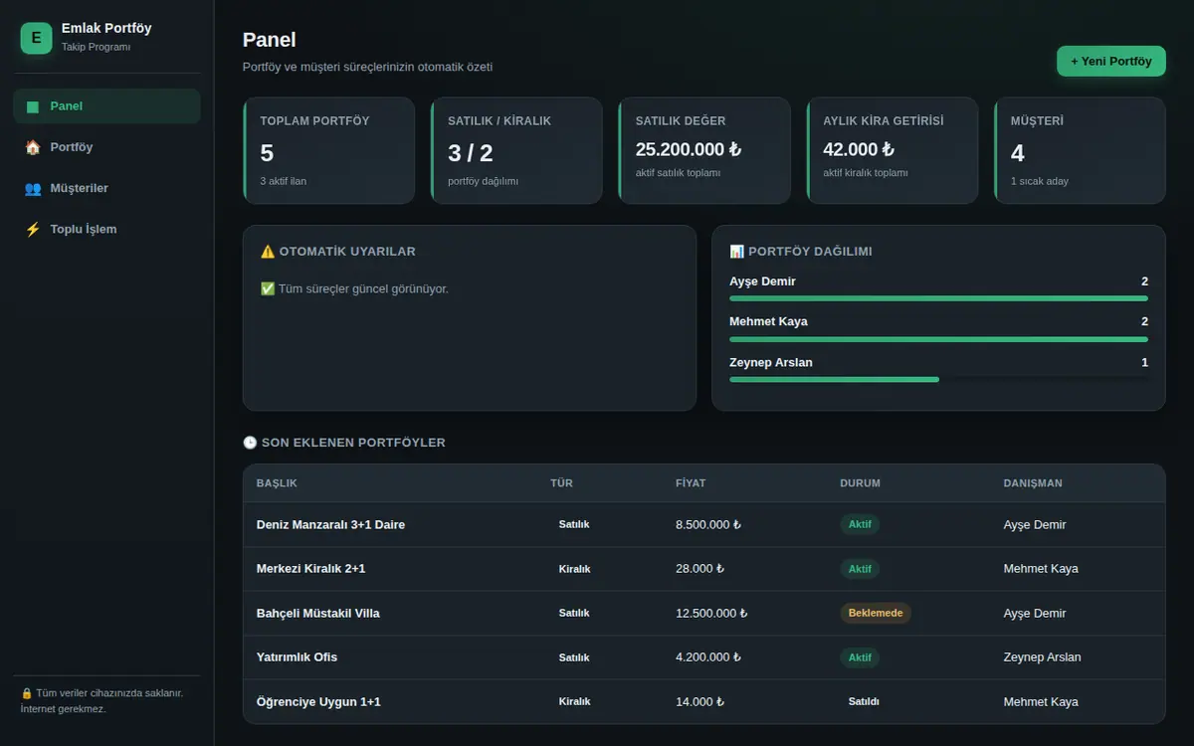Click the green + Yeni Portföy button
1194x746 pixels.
click(1110, 62)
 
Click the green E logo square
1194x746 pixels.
click(36, 38)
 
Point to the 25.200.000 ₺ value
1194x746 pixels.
click(689, 150)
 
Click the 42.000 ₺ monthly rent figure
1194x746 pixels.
click(858, 150)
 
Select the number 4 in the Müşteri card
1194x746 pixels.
click(1017, 153)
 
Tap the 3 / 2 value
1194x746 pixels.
click(470, 153)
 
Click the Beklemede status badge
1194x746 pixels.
click(876, 613)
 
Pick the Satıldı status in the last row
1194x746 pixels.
click(864, 701)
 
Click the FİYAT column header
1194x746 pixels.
click(691, 483)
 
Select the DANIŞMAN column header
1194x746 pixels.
click(1033, 483)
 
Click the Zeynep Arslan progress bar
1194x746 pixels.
click(834, 379)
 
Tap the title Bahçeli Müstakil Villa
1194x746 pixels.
click(317, 614)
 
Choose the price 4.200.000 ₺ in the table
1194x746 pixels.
click(707, 657)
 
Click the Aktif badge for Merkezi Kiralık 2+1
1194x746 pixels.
click(860, 569)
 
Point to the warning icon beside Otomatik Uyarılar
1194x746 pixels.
click(268, 252)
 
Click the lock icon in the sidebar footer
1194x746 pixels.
click(27, 693)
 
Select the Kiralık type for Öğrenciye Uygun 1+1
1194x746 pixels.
click(574, 701)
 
